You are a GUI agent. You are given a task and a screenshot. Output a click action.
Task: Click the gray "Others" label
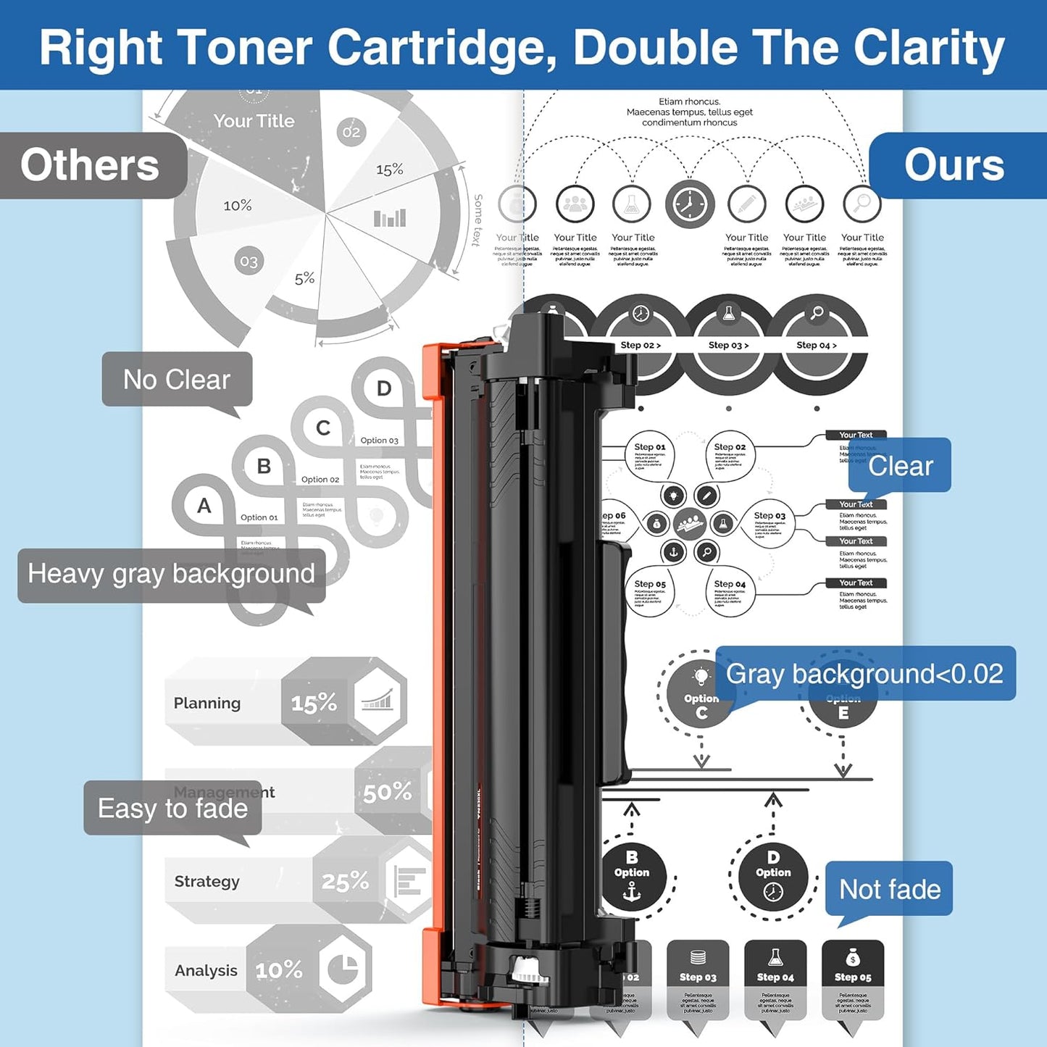coord(91,165)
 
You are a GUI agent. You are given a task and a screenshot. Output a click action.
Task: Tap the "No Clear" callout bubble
coord(177,379)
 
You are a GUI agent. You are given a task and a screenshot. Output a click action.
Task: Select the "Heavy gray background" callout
coord(171,574)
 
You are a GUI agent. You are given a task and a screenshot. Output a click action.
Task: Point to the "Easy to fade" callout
coord(172,808)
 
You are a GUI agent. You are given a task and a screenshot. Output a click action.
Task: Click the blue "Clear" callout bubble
coord(900,465)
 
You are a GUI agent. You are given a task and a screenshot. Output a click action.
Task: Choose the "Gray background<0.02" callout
coord(864,674)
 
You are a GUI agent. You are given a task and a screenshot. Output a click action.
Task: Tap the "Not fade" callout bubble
coord(889,889)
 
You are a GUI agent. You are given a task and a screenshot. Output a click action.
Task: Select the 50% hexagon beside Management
coord(388,792)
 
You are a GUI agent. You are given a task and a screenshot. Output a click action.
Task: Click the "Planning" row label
coord(207,703)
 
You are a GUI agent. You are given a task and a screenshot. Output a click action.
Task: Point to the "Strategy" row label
coord(207,881)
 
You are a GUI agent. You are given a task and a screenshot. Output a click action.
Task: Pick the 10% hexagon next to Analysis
coord(279,969)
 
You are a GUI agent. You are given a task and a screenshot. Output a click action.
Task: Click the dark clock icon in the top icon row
coord(690,204)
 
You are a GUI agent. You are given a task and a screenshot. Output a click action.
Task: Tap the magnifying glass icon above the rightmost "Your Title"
coord(862,204)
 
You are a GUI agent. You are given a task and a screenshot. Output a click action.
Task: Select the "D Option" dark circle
coord(773,879)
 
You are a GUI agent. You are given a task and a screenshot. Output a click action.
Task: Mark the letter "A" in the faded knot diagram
coord(204,506)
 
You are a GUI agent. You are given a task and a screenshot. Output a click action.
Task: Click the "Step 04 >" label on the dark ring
coord(817,346)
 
